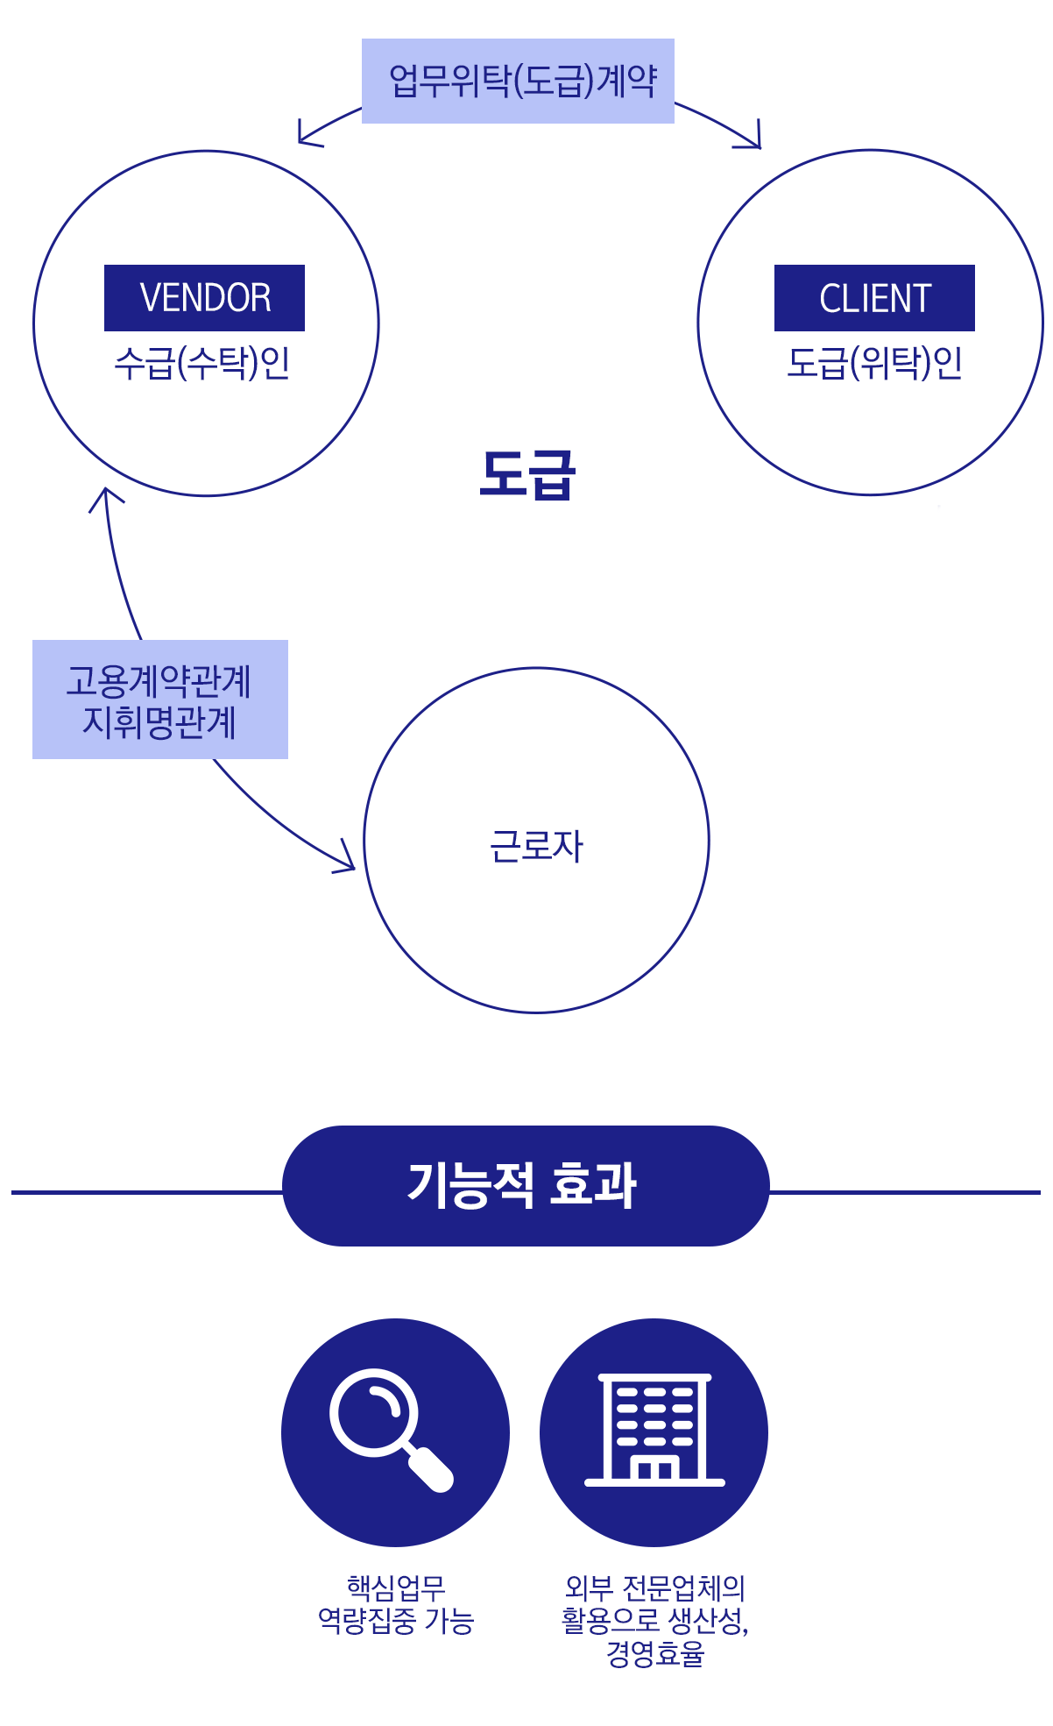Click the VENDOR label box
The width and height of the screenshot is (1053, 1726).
[204, 298]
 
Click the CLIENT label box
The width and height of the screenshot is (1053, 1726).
[874, 298]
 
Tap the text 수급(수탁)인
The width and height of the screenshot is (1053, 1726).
[202, 363]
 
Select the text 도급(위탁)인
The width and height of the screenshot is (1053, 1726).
[874, 363]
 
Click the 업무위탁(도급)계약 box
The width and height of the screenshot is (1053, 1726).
[518, 81]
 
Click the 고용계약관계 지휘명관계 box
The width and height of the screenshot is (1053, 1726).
[160, 700]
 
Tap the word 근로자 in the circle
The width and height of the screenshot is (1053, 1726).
[536, 847]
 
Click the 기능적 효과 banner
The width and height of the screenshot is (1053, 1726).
[526, 1185]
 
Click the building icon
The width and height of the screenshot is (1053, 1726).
[654, 1431]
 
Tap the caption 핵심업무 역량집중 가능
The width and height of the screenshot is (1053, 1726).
[395, 1604]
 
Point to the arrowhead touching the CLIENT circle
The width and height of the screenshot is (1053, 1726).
[753, 140]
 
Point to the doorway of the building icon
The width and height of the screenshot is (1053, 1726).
[654, 1470]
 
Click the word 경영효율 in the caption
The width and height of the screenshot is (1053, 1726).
[654, 1654]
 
